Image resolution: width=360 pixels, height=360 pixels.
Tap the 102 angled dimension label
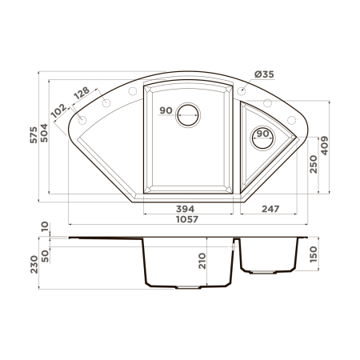coord(59,110)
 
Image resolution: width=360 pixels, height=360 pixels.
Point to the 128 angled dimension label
coord(82,94)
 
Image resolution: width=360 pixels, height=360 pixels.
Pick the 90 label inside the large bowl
coord(166,110)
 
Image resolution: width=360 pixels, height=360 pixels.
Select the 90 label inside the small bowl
coord(260,134)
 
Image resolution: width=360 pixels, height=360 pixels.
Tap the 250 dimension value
coord(313,163)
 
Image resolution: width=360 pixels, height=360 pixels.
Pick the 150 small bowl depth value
coord(313,254)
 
